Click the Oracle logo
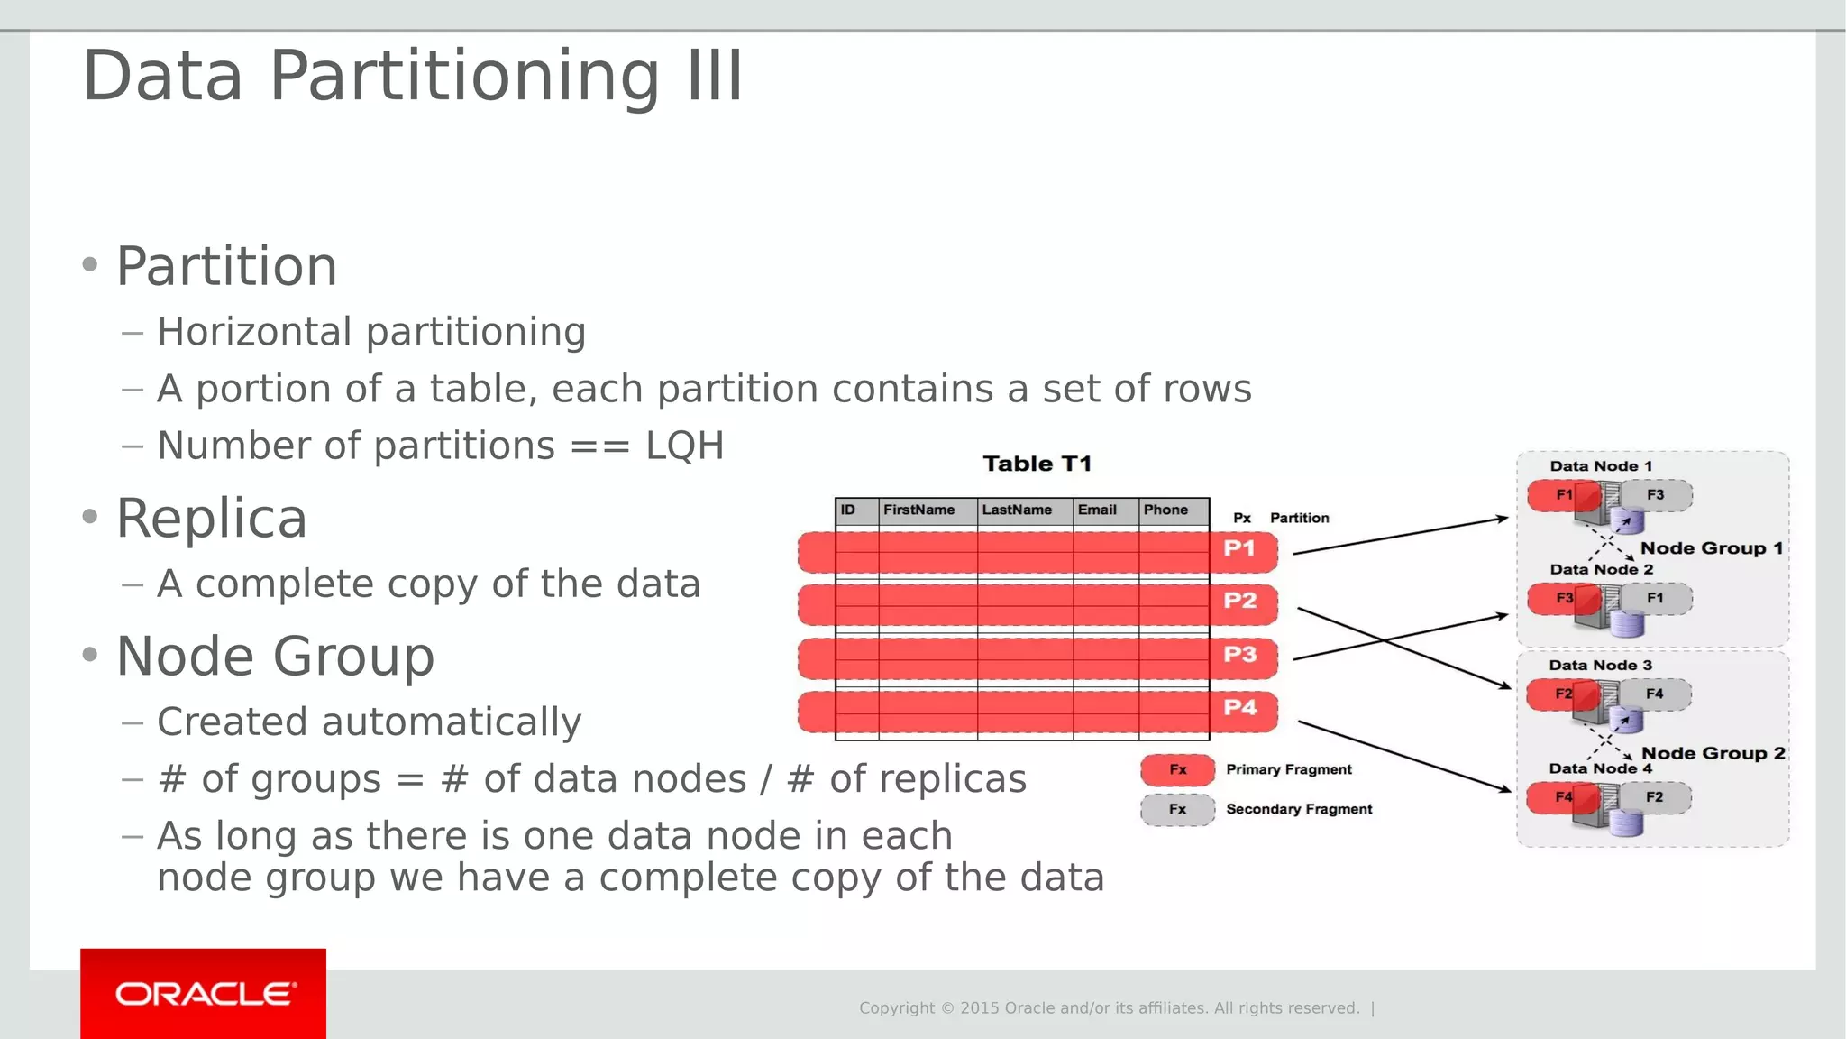(x=204, y=994)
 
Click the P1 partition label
(x=1239, y=548)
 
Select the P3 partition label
(x=1239, y=655)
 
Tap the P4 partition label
(x=1239, y=708)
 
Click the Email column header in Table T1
(x=1097, y=510)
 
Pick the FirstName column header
(x=918, y=510)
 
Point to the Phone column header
(x=1165, y=510)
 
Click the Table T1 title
(x=1037, y=464)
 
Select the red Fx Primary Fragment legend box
(x=1177, y=770)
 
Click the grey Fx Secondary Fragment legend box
(x=1177, y=810)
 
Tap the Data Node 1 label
(x=1601, y=466)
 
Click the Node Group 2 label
(x=1713, y=753)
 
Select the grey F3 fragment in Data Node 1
(x=1657, y=495)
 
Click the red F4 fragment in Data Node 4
(x=1562, y=797)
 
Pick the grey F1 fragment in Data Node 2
(x=1657, y=598)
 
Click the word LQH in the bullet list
(x=684, y=446)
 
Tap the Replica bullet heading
(x=212, y=519)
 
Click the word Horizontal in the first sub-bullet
(x=254, y=333)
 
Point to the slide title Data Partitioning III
(x=413, y=77)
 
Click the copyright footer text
(x=1109, y=1008)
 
